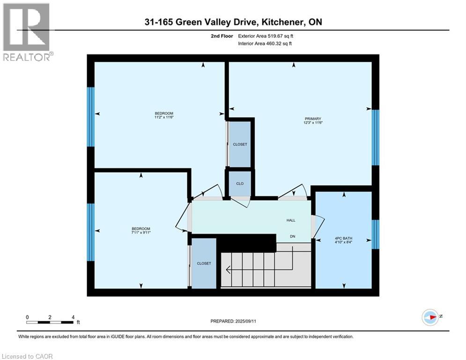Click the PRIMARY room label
click(x=313, y=119)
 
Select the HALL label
click(x=291, y=220)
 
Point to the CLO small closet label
click(x=240, y=184)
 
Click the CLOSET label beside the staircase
click(x=204, y=263)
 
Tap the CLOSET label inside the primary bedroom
click(x=240, y=144)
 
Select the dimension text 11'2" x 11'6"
click(x=164, y=118)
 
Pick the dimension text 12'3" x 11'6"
click(x=313, y=123)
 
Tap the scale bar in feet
click(x=50, y=322)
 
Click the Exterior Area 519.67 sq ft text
click(x=266, y=36)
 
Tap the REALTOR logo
click(x=27, y=32)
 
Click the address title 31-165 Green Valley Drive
click(x=233, y=22)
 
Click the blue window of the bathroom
click(x=375, y=234)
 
